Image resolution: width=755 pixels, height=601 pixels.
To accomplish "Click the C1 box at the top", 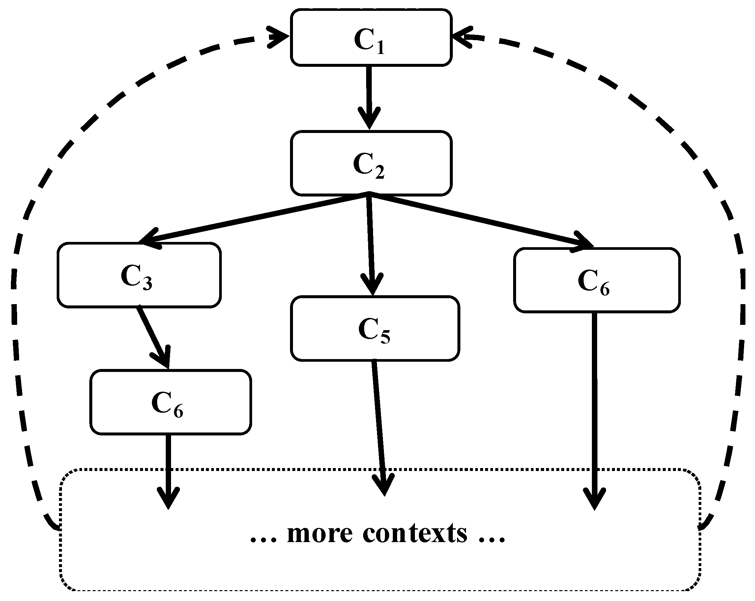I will click(x=371, y=38).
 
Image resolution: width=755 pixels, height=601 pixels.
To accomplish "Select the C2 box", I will click(x=371, y=163).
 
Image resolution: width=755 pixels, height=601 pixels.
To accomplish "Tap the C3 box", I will click(x=139, y=275).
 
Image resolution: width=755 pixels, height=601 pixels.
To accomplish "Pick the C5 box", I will click(x=375, y=328).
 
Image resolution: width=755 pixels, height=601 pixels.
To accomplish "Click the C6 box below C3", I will click(x=170, y=402).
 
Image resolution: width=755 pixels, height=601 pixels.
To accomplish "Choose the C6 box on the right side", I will click(x=597, y=280).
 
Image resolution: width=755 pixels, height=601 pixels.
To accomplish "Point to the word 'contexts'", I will click(x=415, y=534).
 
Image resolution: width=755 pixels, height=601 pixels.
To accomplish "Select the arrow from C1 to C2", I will click(x=369, y=94).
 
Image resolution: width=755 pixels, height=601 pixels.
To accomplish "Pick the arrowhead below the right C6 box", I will click(x=595, y=499).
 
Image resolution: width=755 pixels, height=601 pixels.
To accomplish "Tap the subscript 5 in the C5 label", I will click(x=385, y=337).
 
